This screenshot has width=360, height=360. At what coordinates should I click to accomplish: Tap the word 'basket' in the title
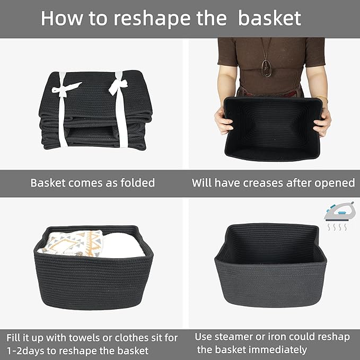[x=269, y=18]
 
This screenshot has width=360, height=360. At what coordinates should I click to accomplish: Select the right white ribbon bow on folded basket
[x=117, y=85]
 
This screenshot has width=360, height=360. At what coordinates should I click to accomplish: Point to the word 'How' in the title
[x=58, y=18]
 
